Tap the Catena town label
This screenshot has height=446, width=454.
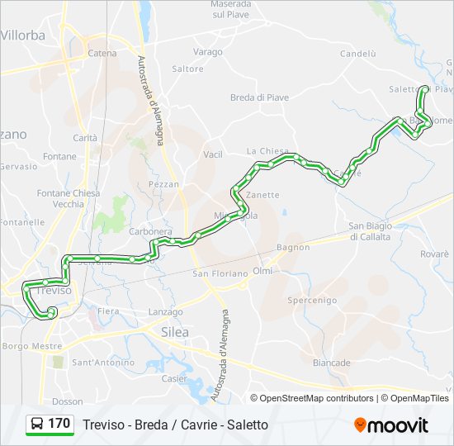(102, 54)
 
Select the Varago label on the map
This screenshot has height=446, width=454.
(208, 51)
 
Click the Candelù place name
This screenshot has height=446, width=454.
(357, 54)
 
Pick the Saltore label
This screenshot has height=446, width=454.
(187, 69)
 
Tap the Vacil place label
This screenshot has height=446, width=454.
(213, 154)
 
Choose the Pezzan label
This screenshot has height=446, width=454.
(163, 184)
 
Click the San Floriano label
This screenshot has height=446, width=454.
(220, 273)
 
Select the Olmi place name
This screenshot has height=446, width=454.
(262, 271)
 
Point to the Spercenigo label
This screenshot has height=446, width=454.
(312, 301)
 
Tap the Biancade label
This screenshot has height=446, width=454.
(332, 363)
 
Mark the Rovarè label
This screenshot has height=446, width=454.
(434, 254)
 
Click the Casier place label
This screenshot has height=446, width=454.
(174, 378)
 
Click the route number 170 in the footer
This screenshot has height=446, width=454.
(59, 424)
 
